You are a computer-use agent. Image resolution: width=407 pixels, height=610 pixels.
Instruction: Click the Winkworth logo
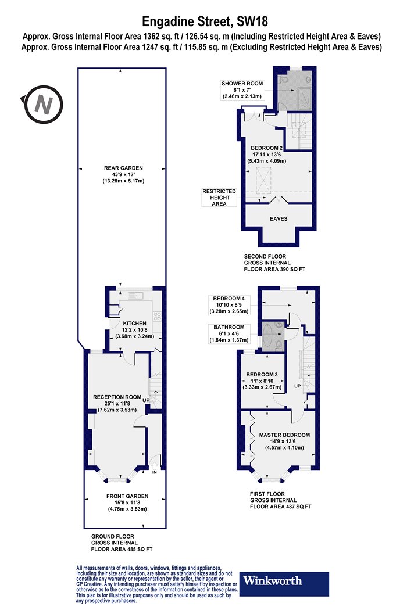[x=284, y=583]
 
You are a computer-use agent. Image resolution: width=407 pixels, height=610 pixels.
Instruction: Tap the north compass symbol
[x=42, y=105]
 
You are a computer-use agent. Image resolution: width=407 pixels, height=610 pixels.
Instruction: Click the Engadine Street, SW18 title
[x=205, y=21]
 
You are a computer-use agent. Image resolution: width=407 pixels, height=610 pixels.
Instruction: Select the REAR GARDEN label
[x=123, y=168]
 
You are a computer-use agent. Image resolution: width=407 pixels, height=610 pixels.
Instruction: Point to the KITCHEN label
[x=135, y=323]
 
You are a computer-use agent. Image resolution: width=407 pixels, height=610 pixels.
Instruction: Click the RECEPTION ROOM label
[x=117, y=397]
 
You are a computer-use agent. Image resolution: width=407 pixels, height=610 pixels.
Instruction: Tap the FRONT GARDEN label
[x=127, y=496]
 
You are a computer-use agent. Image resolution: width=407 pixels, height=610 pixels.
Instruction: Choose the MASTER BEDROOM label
[x=285, y=435]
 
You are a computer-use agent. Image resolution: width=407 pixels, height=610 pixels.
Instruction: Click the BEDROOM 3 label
[x=262, y=375]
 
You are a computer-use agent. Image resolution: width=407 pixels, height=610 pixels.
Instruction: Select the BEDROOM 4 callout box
[x=230, y=305]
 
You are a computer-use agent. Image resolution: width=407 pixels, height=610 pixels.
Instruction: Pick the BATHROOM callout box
[x=229, y=333]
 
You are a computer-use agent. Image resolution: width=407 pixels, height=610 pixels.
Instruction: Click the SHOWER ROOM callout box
[x=242, y=90]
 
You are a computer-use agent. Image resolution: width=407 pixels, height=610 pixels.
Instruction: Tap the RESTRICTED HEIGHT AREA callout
[x=219, y=198]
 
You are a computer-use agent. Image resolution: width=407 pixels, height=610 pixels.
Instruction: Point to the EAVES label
[x=279, y=219]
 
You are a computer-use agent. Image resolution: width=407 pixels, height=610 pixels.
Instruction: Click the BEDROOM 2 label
[x=267, y=148]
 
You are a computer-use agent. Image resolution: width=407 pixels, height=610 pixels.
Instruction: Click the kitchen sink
[x=135, y=296]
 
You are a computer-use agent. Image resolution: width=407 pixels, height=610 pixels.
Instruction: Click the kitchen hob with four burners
[x=158, y=315]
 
